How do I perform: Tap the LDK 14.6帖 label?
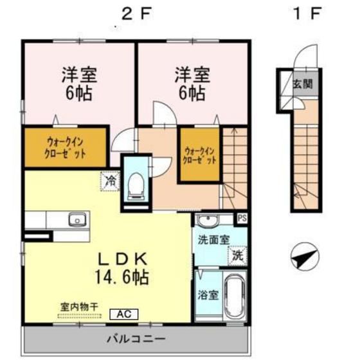tap(123, 269)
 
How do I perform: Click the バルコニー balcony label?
tap(136, 338)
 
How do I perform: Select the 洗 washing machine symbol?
tap(237, 255)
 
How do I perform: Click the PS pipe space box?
tap(242, 218)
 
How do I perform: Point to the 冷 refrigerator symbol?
tap(111, 182)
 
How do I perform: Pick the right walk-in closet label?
tap(198, 155)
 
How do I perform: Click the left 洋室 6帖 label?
tap(78, 84)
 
